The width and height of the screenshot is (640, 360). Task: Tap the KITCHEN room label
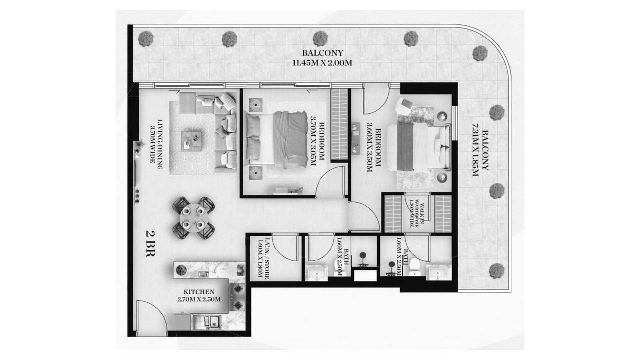(x=199, y=292)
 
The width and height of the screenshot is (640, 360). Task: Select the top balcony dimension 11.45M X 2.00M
(x=322, y=63)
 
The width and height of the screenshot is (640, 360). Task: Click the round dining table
(x=193, y=218)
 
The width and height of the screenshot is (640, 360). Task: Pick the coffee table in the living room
(x=192, y=141)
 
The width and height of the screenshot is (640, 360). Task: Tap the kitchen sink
(x=209, y=322)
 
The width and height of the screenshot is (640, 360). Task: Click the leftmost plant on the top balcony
(x=146, y=38)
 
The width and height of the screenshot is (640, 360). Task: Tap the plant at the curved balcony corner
(x=480, y=53)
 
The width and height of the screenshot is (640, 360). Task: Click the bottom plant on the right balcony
(x=497, y=271)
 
